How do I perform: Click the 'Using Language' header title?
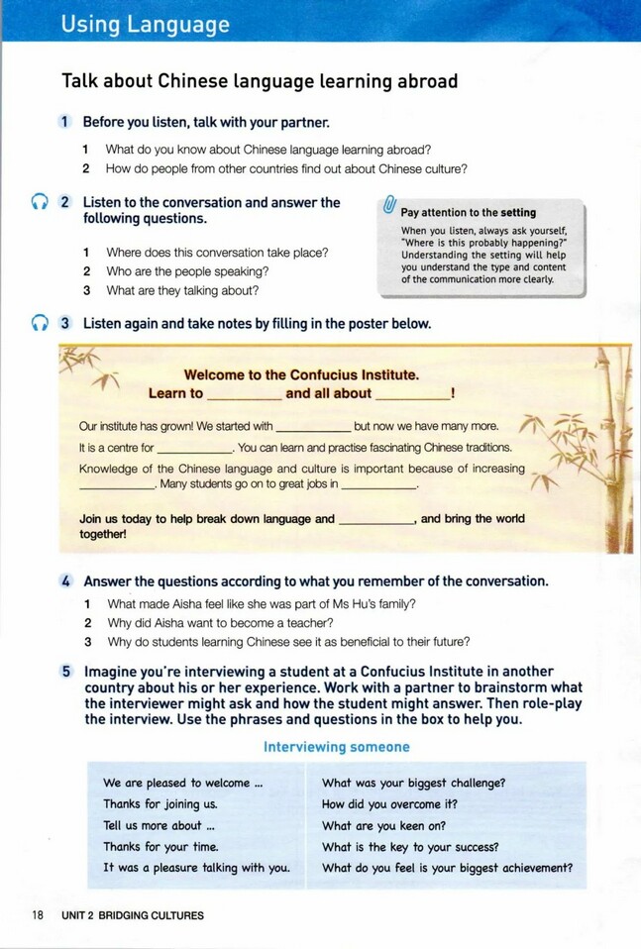click(x=145, y=25)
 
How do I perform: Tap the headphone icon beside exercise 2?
click(x=39, y=202)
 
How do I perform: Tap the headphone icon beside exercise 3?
click(x=39, y=323)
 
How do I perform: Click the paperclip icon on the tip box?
click(x=389, y=207)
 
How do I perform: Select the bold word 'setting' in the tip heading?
click(x=518, y=212)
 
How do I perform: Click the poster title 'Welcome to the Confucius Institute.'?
click(x=301, y=374)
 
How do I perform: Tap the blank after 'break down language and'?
click(x=376, y=522)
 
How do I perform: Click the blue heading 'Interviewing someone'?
click(x=337, y=747)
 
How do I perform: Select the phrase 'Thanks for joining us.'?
click(x=160, y=804)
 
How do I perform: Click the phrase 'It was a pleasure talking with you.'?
click(x=196, y=868)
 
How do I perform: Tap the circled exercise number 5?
click(x=66, y=671)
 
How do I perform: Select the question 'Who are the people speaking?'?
click(x=187, y=271)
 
